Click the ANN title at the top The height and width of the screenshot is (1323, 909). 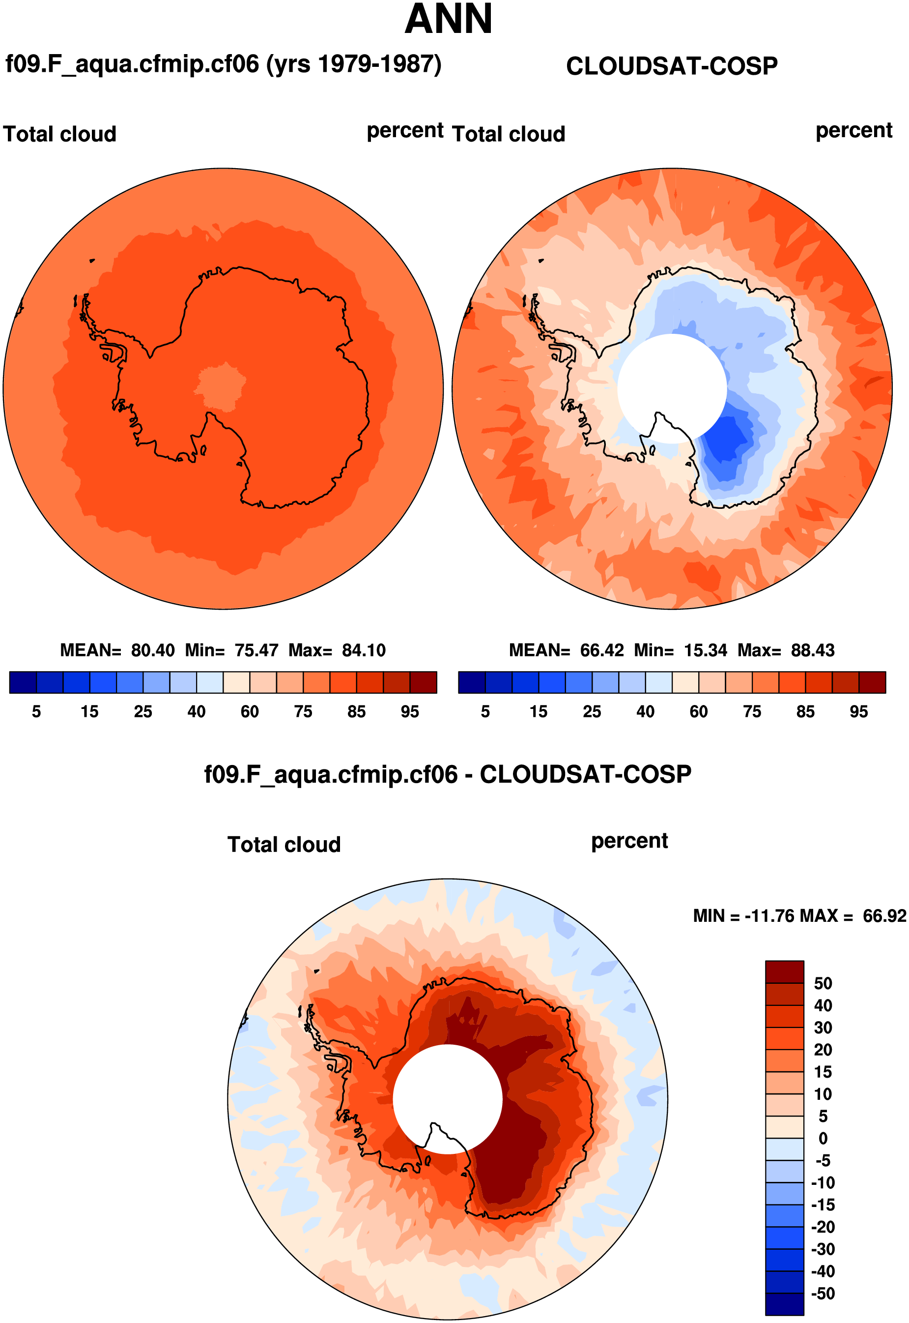coord(448,20)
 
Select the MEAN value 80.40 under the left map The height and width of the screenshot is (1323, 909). coord(153,650)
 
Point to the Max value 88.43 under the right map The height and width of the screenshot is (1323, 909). coord(812,650)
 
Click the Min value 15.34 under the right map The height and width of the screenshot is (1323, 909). coord(705,650)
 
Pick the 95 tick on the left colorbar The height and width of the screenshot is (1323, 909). coord(409,711)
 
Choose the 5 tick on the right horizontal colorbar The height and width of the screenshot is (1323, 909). coord(485,711)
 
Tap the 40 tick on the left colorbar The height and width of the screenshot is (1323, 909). coord(197,711)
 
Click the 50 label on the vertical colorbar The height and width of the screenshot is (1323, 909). coord(823,983)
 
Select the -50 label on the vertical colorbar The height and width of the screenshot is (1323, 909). coord(823,1294)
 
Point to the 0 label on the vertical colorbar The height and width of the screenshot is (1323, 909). coord(823,1139)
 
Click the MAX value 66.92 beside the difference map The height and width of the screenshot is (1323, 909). coord(884,916)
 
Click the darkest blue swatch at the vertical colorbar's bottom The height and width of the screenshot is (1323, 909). coord(784,1304)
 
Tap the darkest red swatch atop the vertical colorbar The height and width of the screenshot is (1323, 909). coord(784,972)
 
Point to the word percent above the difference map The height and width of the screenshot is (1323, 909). coord(629,841)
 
